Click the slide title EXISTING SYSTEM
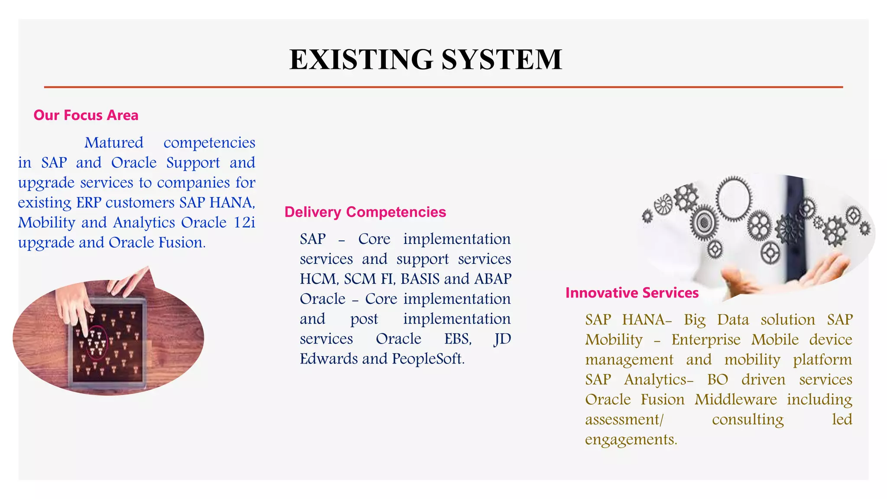(426, 59)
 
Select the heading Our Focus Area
(86, 115)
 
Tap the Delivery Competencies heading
(365, 212)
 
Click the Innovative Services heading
(632, 293)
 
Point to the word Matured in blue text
(114, 143)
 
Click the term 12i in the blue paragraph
(244, 222)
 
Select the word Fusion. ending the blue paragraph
(182, 242)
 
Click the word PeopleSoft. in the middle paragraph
(428, 359)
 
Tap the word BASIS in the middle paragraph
(420, 279)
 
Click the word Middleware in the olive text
(736, 399)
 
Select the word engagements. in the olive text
(631, 439)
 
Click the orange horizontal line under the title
(443, 87)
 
